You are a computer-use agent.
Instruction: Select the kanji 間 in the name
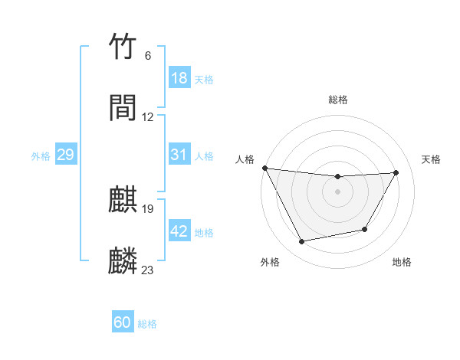[123, 109]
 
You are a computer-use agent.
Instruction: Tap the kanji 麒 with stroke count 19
[123, 201]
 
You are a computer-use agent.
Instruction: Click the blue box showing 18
[179, 78]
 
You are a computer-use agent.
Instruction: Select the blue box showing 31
[179, 155]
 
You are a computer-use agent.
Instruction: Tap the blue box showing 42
[179, 231]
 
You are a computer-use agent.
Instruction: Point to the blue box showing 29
[65, 155]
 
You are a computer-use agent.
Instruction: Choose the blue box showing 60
[123, 322]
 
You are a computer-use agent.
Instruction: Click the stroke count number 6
[147, 56]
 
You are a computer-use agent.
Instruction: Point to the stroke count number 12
[148, 117]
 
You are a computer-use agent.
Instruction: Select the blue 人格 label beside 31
[204, 156]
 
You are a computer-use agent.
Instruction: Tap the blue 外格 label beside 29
[41, 156]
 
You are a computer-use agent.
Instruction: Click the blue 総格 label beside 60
[147, 324]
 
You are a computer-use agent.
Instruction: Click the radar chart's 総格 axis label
[338, 100]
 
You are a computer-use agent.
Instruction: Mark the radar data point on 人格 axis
[264, 168]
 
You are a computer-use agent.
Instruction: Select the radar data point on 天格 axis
[396, 172]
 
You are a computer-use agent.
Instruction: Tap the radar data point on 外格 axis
[302, 242]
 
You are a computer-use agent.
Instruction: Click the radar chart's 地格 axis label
[402, 263]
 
